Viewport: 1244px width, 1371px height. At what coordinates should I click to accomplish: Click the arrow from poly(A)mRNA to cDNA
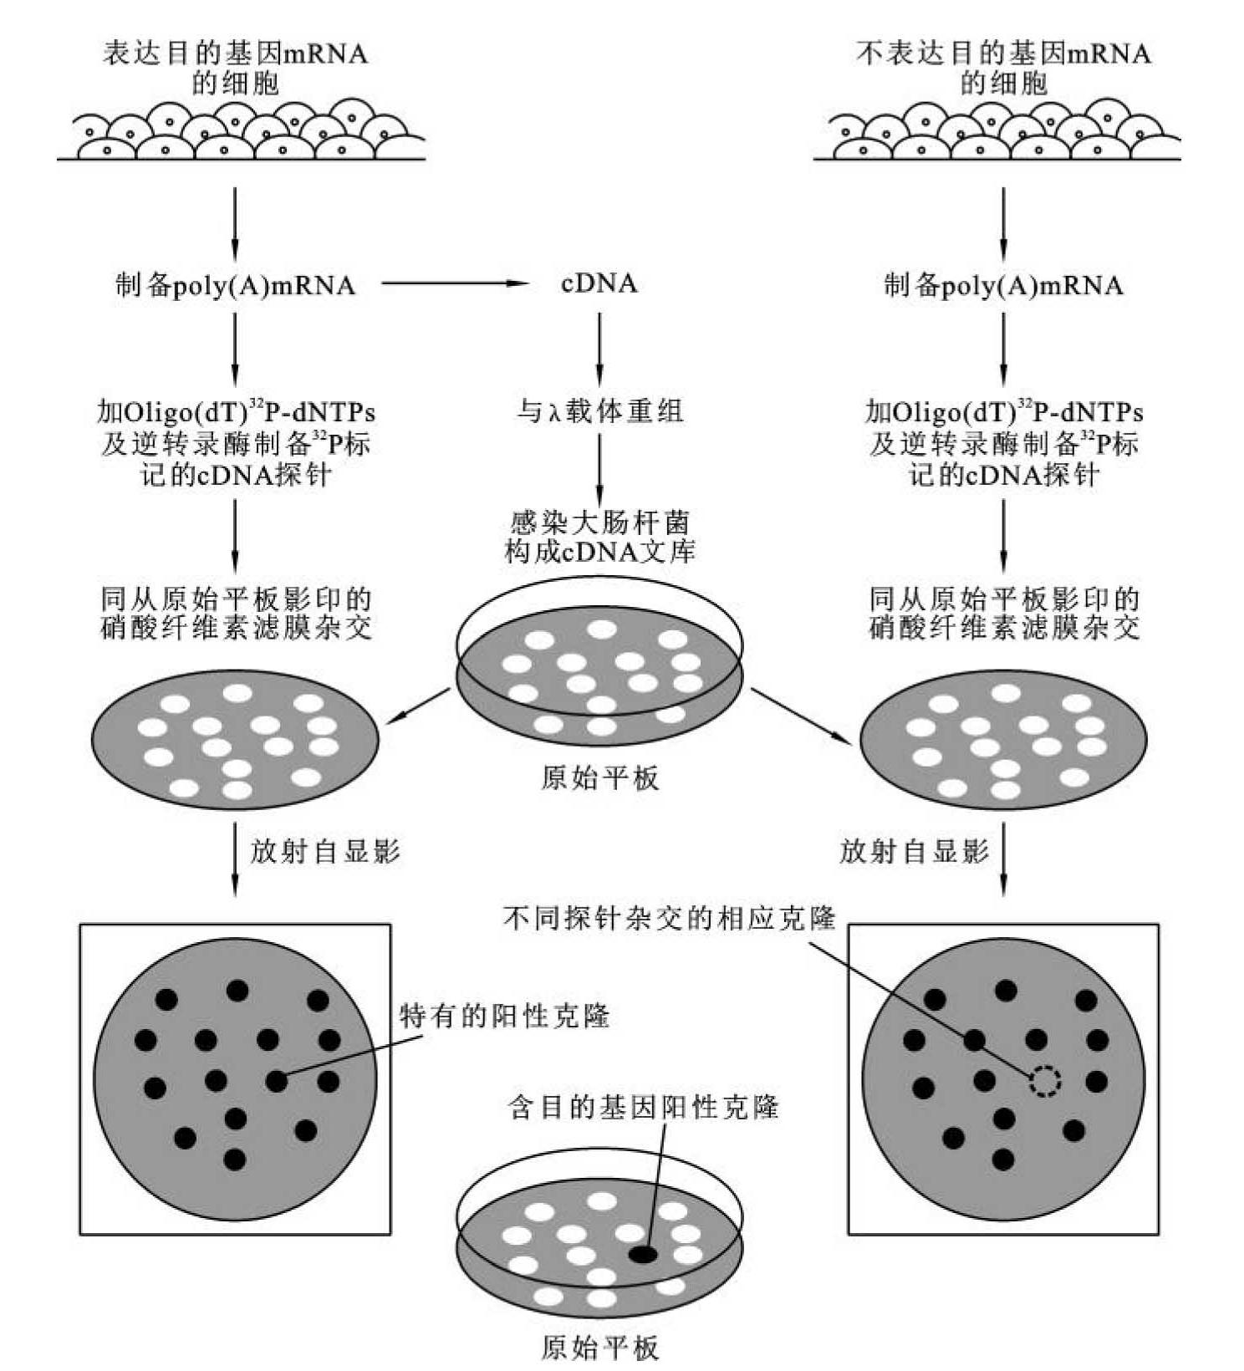coord(456,283)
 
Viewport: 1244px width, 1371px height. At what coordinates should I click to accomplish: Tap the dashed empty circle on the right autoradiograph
coord(1044,1082)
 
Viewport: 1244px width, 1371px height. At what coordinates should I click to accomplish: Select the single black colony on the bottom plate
coord(643,1254)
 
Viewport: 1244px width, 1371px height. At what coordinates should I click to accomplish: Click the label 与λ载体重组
coord(599,410)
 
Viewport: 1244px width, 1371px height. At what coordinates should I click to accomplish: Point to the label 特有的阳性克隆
coord(505,1016)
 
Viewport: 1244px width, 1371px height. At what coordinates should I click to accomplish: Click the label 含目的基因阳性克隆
coord(643,1107)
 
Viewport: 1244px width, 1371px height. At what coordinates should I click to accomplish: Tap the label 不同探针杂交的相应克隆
coord(669,918)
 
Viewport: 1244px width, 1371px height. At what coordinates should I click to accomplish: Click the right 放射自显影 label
coord(914,851)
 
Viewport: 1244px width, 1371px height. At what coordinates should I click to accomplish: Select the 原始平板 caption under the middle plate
coord(599,778)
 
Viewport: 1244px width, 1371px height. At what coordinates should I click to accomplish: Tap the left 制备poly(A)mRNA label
coord(235,285)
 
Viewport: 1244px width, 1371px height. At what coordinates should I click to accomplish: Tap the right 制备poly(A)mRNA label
coord(1003,285)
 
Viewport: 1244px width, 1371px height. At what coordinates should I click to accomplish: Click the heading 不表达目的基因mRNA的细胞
coord(1003,68)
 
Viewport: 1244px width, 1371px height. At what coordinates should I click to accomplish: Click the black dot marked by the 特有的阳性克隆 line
coord(277,1081)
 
